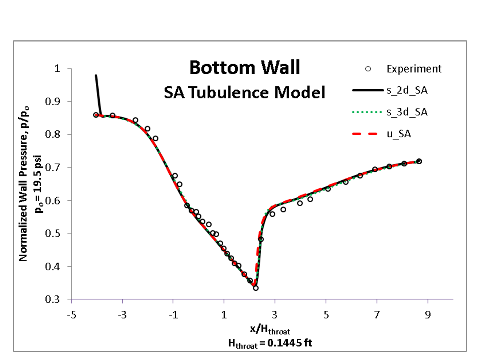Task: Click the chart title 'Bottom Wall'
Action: (245, 67)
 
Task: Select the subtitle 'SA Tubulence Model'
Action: (245, 92)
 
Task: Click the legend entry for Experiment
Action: (414, 69)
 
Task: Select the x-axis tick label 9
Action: (428, 315)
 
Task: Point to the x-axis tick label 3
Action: (275, 315)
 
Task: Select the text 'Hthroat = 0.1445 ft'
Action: (265, 342)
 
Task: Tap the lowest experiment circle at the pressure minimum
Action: (256, 288)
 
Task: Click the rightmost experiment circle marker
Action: (419, 161)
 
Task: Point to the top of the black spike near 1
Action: (96, 76)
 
